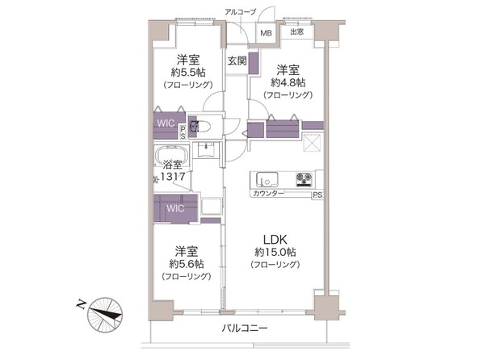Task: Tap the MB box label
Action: tap(266, 33)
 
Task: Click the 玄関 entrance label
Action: tap(236, 61)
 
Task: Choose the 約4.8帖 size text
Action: tap(288, 82)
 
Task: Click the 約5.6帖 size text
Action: tap(187, 262)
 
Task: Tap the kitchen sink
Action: tap(266, 178)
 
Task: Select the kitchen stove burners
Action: tap(305, 178)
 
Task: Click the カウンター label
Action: tap(267, 195)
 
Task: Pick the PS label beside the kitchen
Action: tap(317, 195)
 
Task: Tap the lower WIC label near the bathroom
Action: tap(174, 207)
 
